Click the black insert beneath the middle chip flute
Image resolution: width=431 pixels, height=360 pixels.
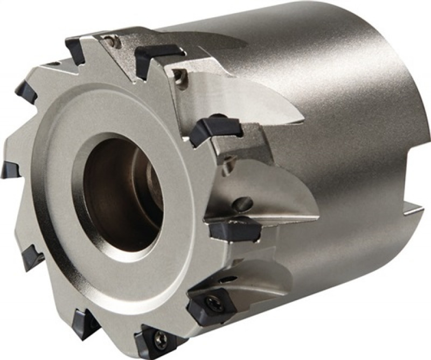[235, 229]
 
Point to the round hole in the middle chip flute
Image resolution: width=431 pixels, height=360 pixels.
[242, 204]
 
